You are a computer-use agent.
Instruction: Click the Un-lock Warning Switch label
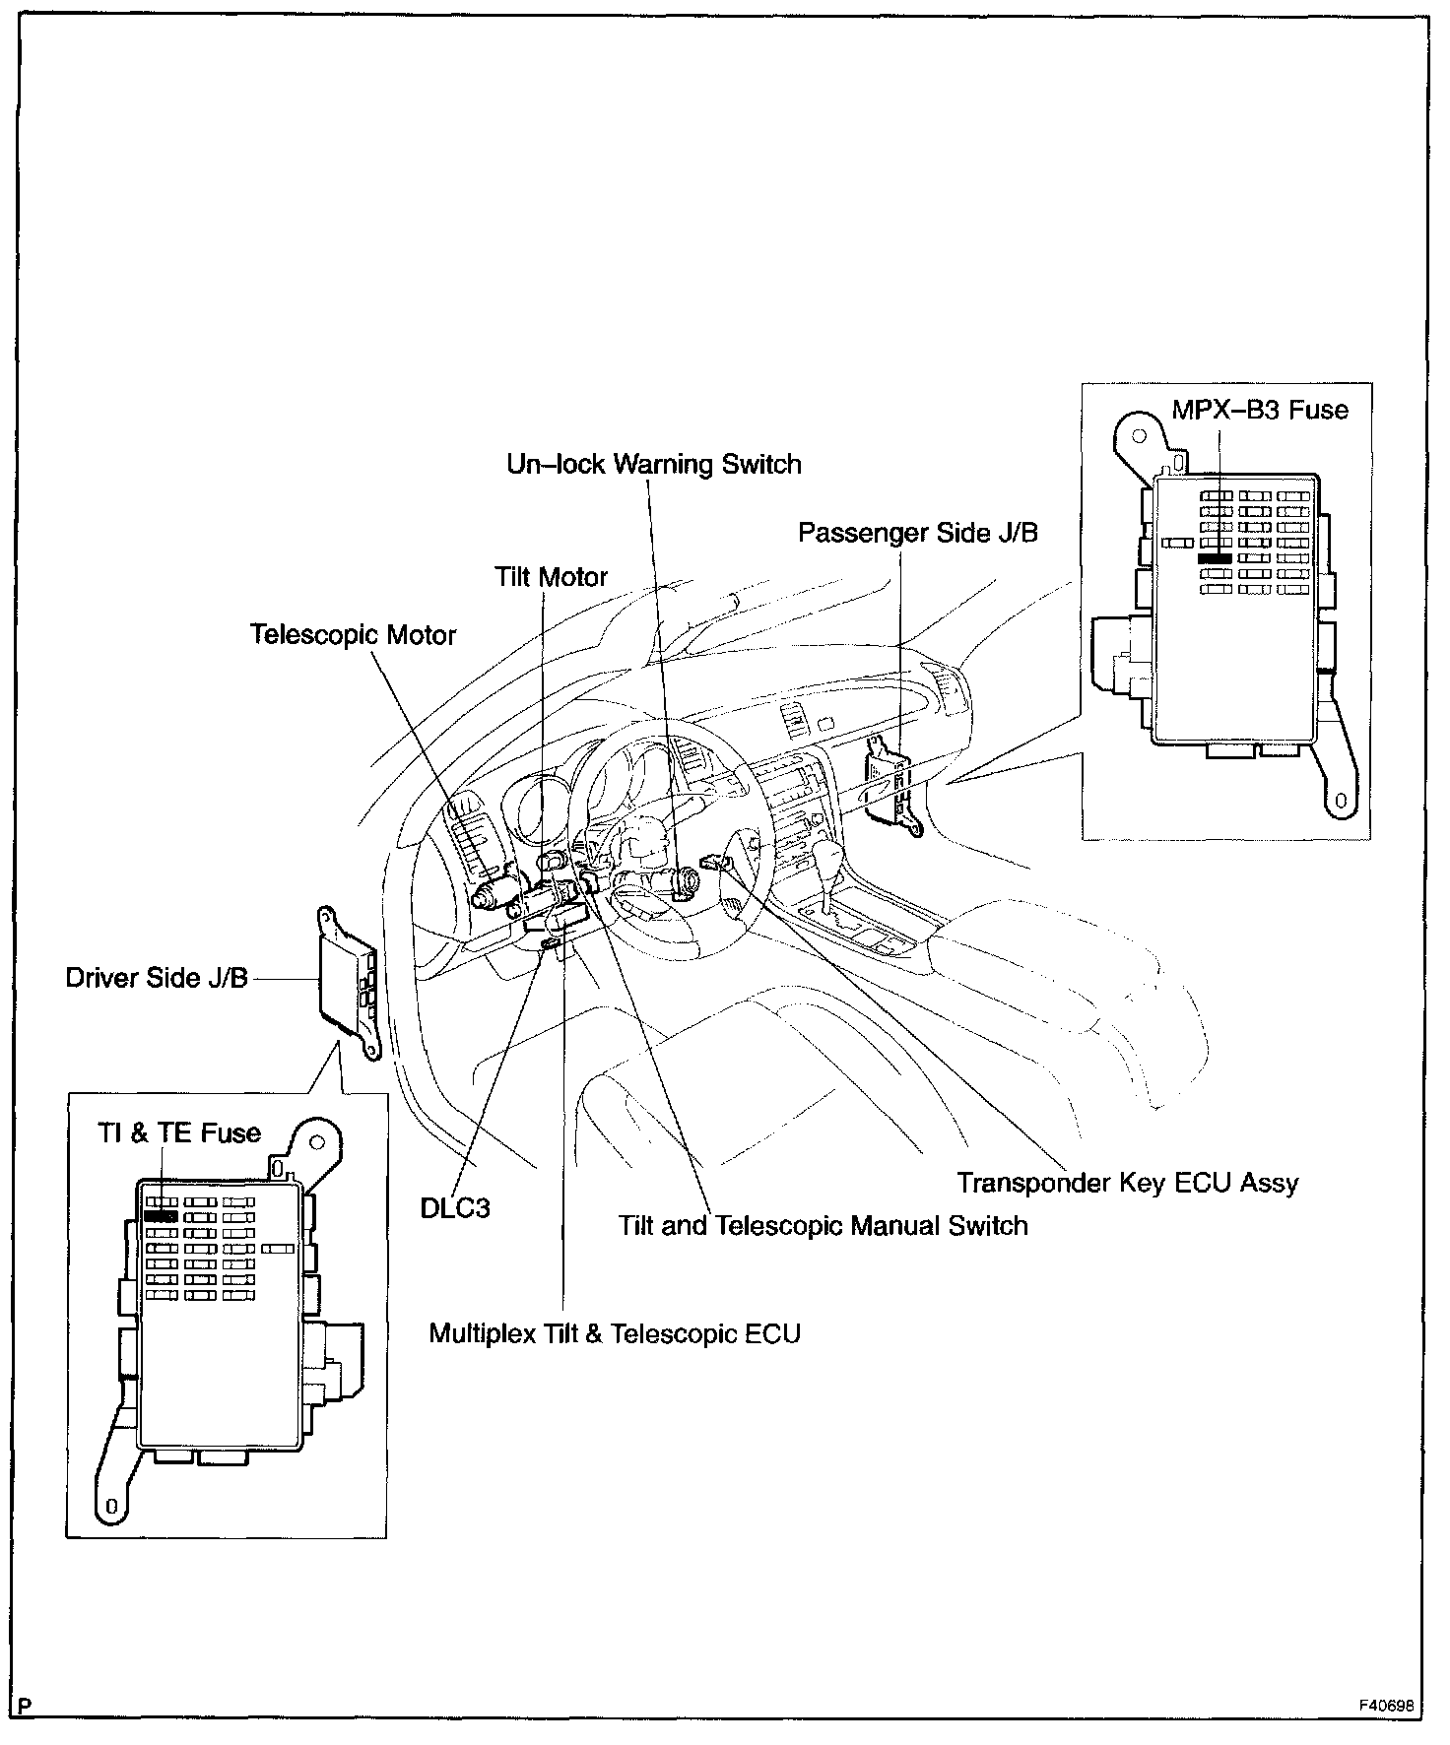(654, 465)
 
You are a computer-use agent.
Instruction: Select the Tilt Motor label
(551, 577)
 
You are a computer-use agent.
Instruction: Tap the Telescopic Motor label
(353, 634)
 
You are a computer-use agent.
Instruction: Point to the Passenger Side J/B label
(917, 533)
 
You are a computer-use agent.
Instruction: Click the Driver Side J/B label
(157, 978)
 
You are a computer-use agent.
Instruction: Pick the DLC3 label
(455, 1207)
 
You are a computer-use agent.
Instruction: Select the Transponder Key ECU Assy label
(1128, 1182)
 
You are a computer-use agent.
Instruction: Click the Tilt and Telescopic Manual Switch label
(823, 1226)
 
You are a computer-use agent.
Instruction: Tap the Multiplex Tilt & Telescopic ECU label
(615, 1333)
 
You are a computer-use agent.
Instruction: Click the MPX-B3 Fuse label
(1259, 409)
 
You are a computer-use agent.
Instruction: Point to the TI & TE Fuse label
(179, 1132)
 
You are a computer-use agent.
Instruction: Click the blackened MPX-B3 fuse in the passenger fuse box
(1215, 558)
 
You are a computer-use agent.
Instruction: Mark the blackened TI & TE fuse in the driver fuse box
(160, 1216)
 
